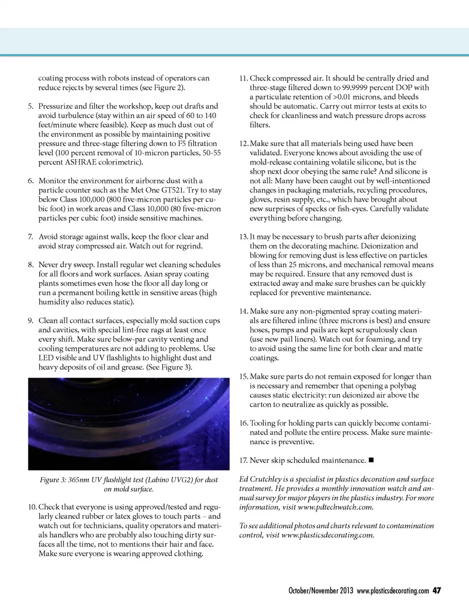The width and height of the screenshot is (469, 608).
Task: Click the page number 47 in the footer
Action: tap(437, 590)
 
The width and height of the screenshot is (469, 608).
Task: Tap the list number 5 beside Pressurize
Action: tap(31, 106)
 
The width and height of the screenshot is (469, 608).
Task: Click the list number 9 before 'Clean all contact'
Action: tap(31, 321)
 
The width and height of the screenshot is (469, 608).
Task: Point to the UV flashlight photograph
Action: tap(128, 423)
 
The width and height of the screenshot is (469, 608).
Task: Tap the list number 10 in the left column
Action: tap(32, 507)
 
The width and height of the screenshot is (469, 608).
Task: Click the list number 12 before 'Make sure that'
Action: tap(243, 144)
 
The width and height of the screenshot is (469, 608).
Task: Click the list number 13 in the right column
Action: tap(243, 237)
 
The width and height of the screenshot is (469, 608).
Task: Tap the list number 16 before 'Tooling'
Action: tap(243, 423)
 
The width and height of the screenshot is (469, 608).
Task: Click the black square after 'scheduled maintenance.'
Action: tap(371, 460)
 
